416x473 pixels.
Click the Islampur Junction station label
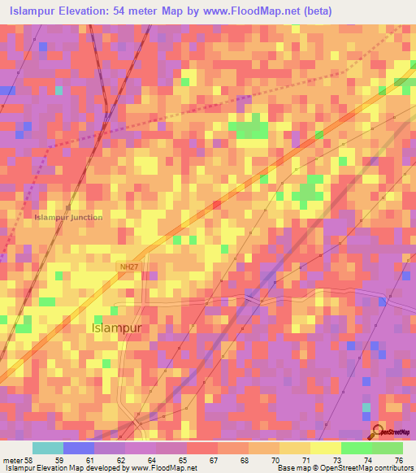click(69, 217)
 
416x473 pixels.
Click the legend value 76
click(398, 459)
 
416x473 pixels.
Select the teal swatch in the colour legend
click(48, 448)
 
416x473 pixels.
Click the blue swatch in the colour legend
click(79, 448)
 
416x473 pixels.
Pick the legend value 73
click(335, 459)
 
